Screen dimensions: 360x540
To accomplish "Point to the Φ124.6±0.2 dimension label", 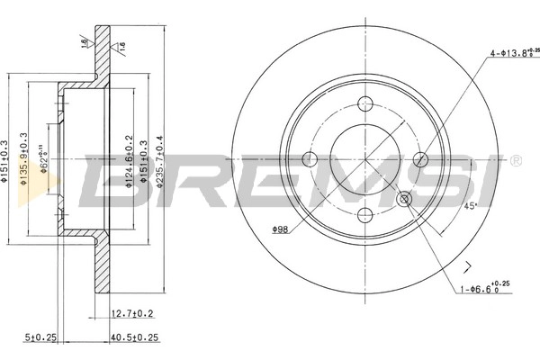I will click(126, 159).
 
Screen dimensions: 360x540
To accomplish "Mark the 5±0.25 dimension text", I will click(40, 338).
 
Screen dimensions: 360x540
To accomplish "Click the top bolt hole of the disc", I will click(365, 103).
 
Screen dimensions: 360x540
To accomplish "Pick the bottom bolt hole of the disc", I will click(365, 214).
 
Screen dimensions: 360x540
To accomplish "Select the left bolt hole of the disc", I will click(310, 159).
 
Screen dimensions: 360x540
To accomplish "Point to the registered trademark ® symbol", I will click(514, 161).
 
